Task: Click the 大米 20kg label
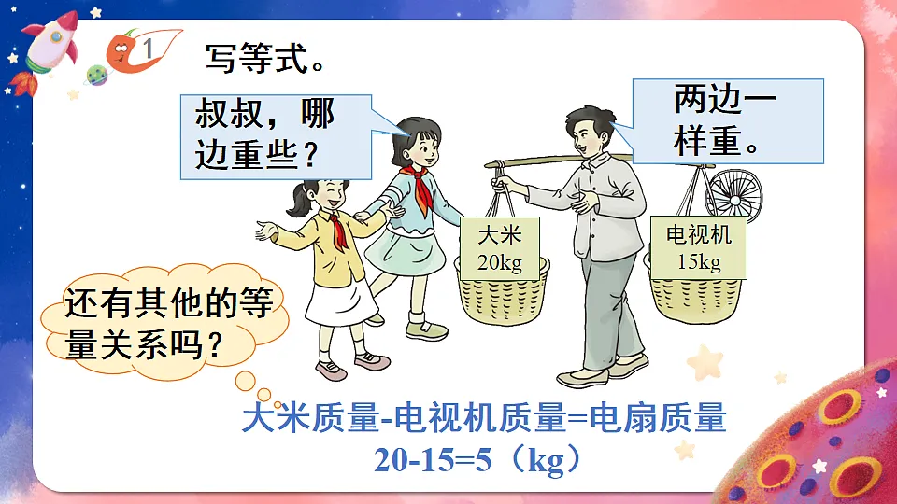click(499, 247)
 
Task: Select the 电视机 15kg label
click(699, 247)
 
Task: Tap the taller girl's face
click(421, 146)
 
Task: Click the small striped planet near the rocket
click(97, 74)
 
